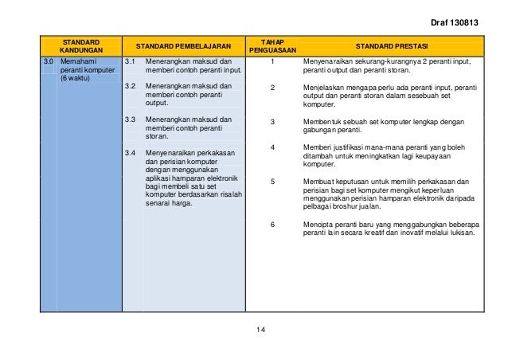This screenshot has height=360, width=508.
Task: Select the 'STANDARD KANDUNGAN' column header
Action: [80, 45]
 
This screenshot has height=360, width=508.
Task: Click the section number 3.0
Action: [49, 61]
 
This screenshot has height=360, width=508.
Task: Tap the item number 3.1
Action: [131, 61]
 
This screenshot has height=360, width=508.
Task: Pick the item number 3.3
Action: [131, 119]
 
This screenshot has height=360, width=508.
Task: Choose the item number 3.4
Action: [131, 151]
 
